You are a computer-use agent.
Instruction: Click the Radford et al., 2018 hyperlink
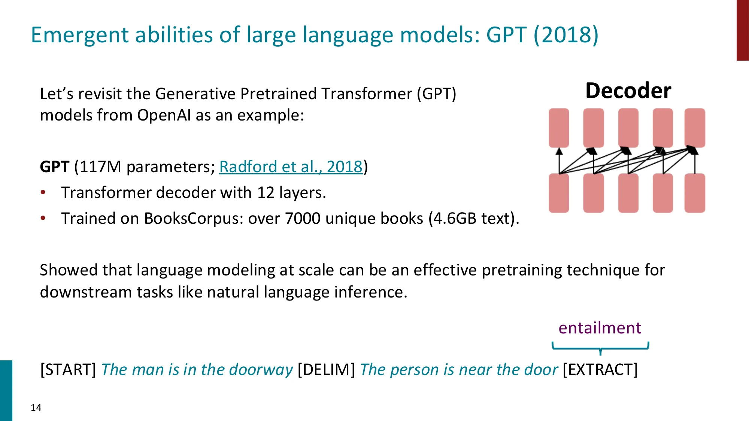pos(291,167)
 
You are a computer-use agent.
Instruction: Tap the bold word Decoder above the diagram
pos(628,91)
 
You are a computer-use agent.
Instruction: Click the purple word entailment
pos(600,328)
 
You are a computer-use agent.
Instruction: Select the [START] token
pos(68,370)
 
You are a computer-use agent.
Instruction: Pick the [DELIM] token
pos(326,370)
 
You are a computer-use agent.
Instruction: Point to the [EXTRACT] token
pos(600,370)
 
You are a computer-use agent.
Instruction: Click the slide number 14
pos(36,408)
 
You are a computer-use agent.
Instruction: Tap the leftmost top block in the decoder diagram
pos(559,128)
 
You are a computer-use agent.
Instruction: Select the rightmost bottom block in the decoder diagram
pos(695,193)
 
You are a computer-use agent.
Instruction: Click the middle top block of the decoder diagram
pos(628,128)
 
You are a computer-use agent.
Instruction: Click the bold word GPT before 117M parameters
pos(55,167)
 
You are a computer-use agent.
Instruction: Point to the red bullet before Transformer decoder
pos(43,192)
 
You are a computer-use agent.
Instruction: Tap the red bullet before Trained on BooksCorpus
pos(43,218)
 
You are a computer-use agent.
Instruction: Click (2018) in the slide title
pos(566,35)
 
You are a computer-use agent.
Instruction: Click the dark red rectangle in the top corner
pos(742,30)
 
